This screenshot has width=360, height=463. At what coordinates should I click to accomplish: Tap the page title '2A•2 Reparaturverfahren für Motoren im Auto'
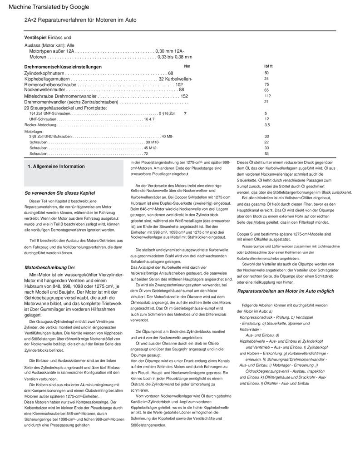click(x=80, y=20)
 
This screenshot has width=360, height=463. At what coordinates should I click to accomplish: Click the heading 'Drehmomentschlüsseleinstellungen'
click(x=63, y=67)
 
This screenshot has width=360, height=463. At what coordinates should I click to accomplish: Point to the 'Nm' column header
click(x=187, y=66)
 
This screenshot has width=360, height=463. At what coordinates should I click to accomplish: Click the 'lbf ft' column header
click(x=268, y=66)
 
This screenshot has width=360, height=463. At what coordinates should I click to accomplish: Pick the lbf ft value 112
click(x=267, y=96)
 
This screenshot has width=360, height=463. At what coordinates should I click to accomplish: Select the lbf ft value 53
click(x=266, y=154)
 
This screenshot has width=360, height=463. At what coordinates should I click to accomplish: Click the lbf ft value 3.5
click(x=267, y=124)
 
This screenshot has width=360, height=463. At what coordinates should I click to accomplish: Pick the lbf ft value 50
click(x=266, y=73)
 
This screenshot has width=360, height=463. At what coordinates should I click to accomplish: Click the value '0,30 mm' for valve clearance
click(x=164, y=51)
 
